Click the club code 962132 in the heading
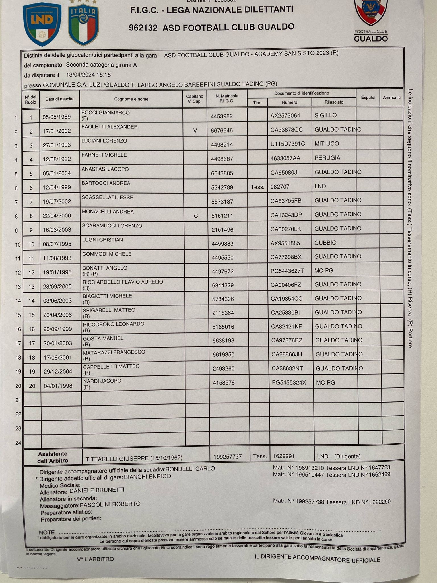point(143,28)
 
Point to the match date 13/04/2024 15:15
point(88,75)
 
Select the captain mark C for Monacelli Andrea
point(196,216)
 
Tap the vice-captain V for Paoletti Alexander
point(195,131)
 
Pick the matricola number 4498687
point(222,159)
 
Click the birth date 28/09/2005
point(57,287)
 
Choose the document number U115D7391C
point(288,144)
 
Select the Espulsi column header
point(368,97)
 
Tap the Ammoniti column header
point(391,97)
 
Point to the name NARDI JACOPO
point(102,381)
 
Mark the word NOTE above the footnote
point(47,532)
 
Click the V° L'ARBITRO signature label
point(95,559)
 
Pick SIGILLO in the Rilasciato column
point(325,115)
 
